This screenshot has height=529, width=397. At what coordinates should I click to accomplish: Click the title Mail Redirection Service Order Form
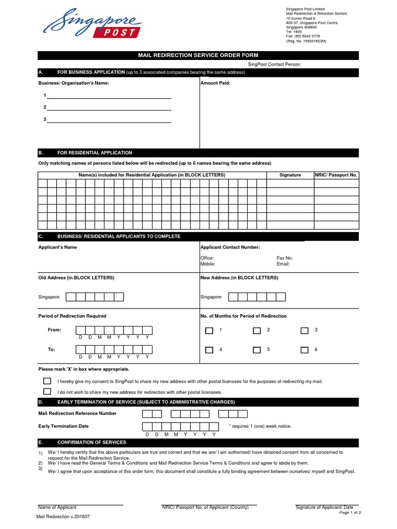coord(198,55)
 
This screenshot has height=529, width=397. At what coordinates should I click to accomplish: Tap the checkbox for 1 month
coord(209,331)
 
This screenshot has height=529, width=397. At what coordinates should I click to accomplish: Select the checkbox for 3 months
coord(304,331)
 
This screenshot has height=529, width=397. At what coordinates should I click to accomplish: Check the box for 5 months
coord(256,350)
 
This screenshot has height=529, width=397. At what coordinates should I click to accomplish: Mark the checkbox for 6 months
coord(304,350)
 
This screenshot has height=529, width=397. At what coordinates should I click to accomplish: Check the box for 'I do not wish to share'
coord(47,392)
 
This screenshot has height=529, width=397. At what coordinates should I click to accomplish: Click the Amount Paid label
coord(215,83)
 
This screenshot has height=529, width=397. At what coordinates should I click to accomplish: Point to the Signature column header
coord(290,175)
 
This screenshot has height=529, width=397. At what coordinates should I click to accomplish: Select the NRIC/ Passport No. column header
coord(336,175)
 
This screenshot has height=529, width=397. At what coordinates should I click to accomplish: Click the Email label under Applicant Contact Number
coord(283,264)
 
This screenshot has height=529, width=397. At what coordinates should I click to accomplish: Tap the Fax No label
coord(285,258)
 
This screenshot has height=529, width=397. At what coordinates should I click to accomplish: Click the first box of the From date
coord(81,331)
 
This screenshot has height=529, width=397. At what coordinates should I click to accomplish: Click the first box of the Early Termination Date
coord(147,426)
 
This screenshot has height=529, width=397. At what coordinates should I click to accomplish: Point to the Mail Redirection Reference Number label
coord(78,413)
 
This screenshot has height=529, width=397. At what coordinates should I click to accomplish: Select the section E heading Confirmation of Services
coord(91,442)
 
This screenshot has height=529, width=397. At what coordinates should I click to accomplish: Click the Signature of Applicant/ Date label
coord(324,507)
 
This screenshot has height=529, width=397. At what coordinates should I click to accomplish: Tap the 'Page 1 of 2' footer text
coord(350,512)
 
